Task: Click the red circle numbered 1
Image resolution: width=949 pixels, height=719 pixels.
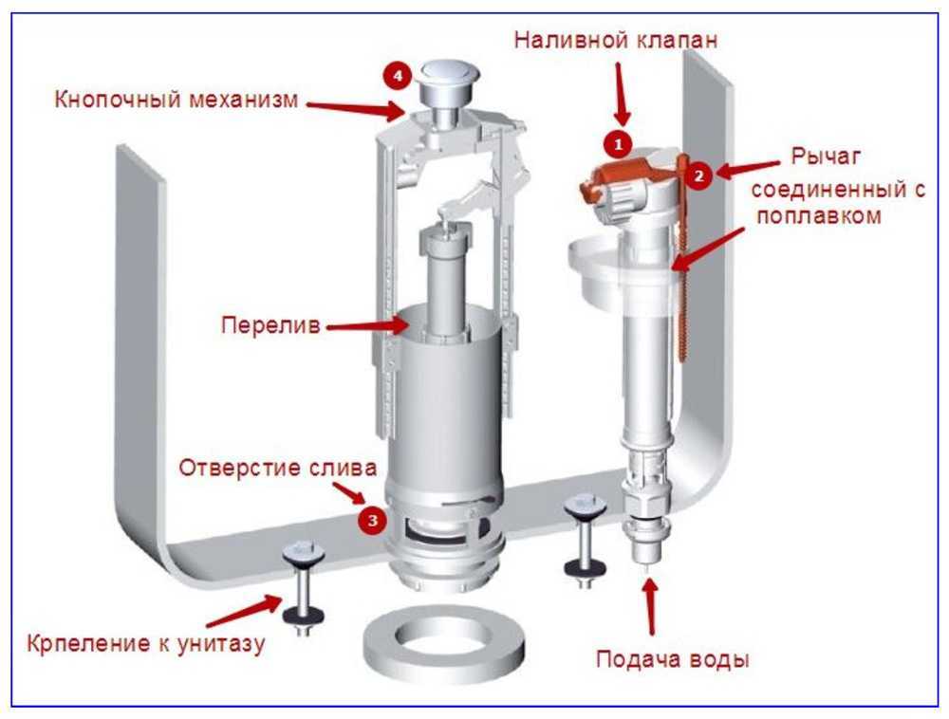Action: (619, 143)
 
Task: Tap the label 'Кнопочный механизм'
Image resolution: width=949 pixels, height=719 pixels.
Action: (176, 100)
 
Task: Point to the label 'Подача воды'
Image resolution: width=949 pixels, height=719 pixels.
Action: (672, 658)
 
